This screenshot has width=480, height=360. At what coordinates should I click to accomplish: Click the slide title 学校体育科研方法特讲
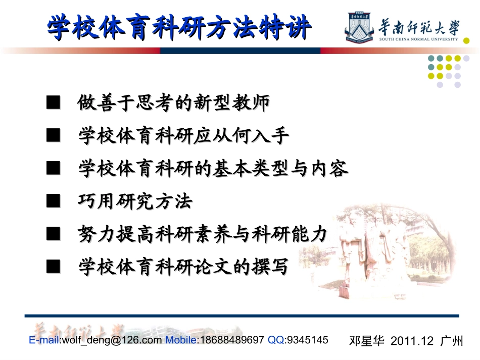coord(178,27)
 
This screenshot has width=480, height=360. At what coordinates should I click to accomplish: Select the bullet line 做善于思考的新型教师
coord(173,104)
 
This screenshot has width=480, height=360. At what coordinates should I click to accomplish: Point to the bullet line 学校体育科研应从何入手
coord(183,136)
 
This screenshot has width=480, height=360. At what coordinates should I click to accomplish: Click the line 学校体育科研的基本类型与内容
coord(213,169)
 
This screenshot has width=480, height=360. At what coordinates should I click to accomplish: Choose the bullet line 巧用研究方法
coord(135,202)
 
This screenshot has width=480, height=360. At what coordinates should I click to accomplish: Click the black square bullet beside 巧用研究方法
coord(53,202)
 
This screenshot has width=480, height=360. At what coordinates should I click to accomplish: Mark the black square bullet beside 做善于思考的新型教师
coord(53,104)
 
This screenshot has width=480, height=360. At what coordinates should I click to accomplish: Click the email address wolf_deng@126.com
coord(112,340)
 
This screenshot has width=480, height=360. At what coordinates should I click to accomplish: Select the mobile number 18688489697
coord(232,340)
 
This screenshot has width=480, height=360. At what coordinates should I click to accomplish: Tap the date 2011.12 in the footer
coord(412,340)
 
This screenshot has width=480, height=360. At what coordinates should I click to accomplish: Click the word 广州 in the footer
coord(452,340)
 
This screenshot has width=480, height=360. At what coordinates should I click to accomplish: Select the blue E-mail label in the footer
coord(44,340)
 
